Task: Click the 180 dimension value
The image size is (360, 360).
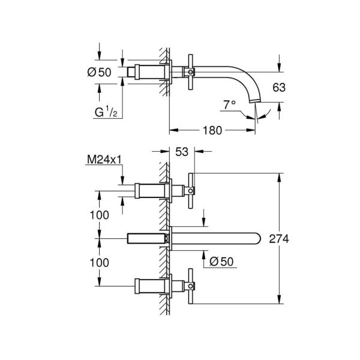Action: click(x=213, y=129)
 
